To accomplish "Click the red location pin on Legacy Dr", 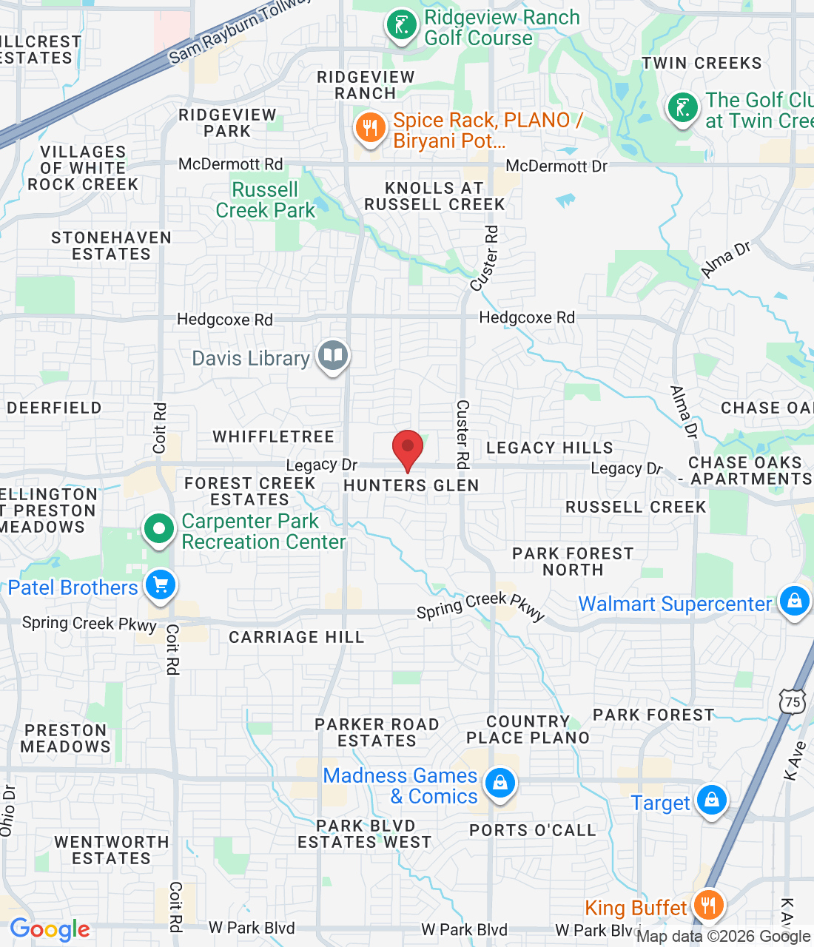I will click(x=407, y=448).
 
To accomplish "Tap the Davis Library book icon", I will click(x=333, y=356).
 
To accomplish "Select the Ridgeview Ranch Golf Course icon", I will click(x=401, y=26).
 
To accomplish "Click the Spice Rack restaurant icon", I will click(x=370, y=129).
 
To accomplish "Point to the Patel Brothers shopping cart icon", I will click(x=161, y=586).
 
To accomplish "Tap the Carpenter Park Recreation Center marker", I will click(x=158, y=529).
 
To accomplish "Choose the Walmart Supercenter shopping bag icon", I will click(x=794, y=601).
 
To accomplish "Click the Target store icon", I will click(x=712, y=801).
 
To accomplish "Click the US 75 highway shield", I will click(x=793, y=701).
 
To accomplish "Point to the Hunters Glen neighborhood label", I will click(x=411, y=485).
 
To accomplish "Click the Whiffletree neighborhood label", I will click(x=274, y=437).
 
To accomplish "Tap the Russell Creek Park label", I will click(x=266, y=200).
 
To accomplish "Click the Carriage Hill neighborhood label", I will click(x=296, y=637).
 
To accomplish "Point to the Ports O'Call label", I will click(x=533, y=830).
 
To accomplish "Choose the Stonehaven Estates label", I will click(x=111, y=246).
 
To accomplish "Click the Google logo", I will click(x=50, y=929).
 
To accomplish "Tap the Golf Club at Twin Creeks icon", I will click(x=682, y=109).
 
